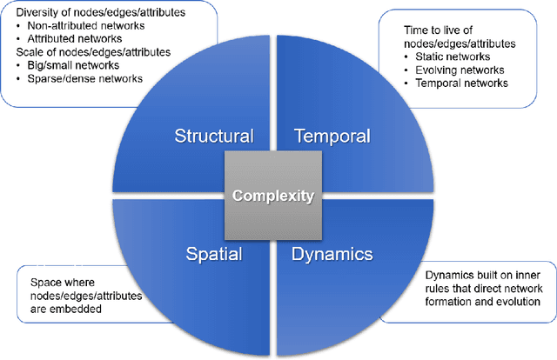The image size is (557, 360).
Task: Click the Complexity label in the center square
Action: pyautogui.click(x=272, y=196)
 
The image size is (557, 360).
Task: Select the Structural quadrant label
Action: pyautogui.click(x=214, y=136)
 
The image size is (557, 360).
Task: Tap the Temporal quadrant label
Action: pyautogui.click(x=332, y=136)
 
